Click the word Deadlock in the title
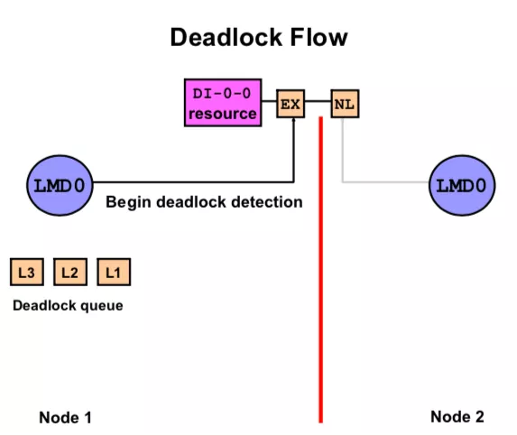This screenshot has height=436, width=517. click(226, 37)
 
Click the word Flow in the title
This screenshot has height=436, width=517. click(319, 37)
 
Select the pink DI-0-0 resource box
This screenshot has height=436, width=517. click(223, 103)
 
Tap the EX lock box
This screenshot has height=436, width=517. click(291, 104)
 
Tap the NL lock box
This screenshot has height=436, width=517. click(345, 104)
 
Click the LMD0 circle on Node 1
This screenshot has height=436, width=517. click(60, 185)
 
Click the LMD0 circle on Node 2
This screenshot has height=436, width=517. click(462, 185)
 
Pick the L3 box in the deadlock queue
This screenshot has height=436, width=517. click(27, 272)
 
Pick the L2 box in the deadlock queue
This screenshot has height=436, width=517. click(70, 272)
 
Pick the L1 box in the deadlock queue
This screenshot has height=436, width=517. click(114, 272)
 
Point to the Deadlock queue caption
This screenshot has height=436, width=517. click(68, 306)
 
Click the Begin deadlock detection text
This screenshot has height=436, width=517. click(204, 202)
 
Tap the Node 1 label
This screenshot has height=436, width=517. click(65, 418)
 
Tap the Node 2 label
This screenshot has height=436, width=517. click(457, 417)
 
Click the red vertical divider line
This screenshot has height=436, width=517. click(320, 269)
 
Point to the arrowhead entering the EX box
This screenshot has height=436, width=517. click(293, 120)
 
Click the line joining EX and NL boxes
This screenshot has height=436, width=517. click(318, 101)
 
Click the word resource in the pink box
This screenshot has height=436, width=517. click(223, 114)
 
